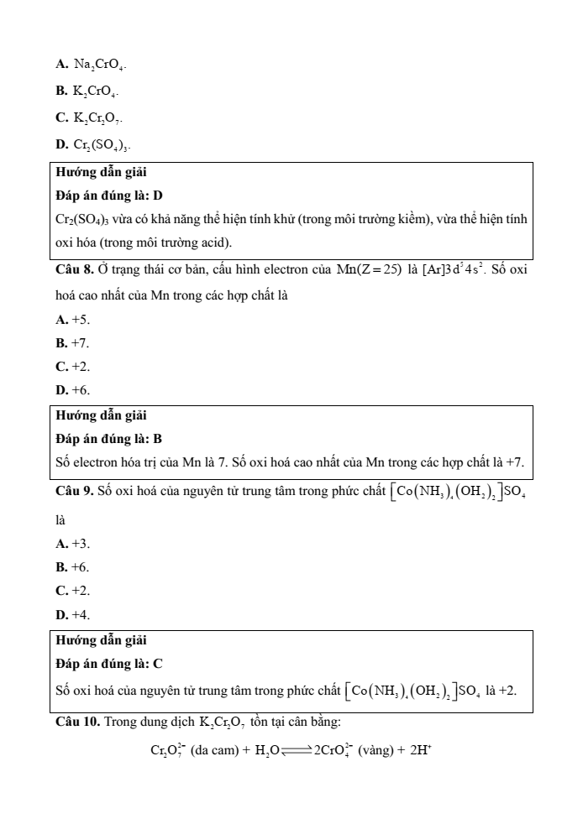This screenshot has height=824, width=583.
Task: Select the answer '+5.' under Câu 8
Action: click(80, 320)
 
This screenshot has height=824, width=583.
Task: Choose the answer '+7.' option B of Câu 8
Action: click(80, 343)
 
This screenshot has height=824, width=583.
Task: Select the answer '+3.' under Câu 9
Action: click(80, 545)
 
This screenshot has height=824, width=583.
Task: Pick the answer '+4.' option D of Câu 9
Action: click(80, 615)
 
